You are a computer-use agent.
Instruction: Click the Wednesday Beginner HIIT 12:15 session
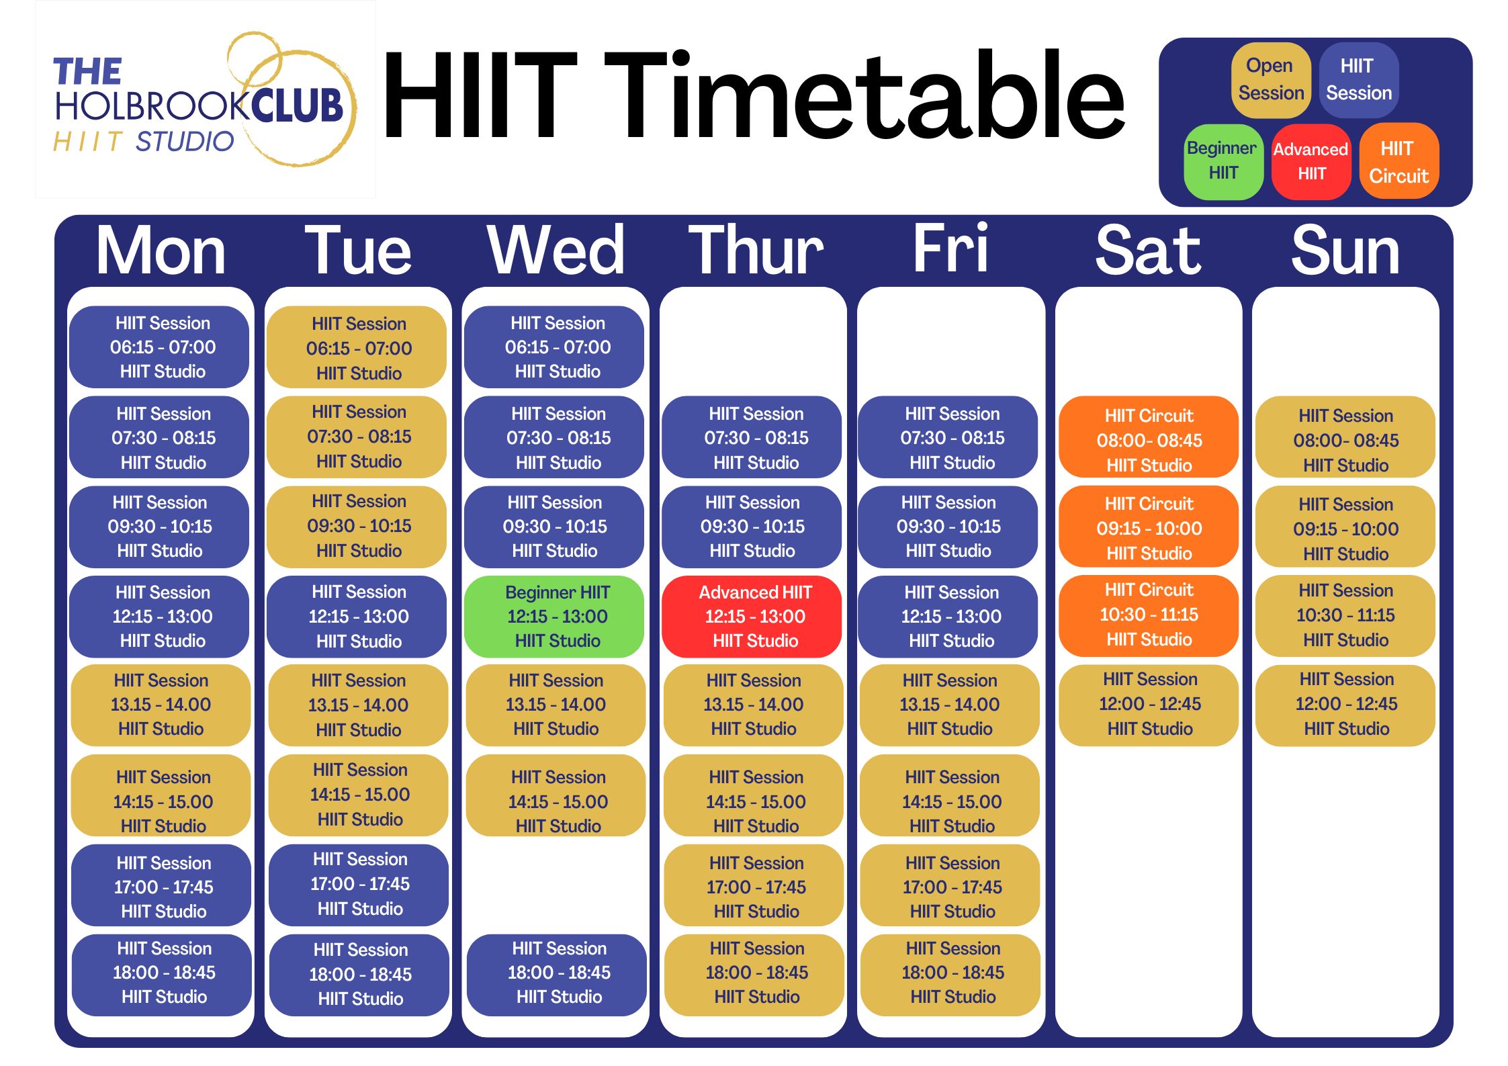coord(554,617)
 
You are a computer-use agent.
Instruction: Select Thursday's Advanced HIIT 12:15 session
coord(752,617)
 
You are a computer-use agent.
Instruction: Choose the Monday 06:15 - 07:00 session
coord(159,347)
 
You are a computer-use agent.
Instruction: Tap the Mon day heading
coord(161,251)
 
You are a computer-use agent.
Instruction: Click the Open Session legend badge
coord(1271,80)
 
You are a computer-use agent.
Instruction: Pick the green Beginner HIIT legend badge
coord(1223,162)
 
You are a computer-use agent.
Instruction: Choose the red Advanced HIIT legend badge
coord(1311,162)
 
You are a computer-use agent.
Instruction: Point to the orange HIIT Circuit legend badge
coord(1399,161)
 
